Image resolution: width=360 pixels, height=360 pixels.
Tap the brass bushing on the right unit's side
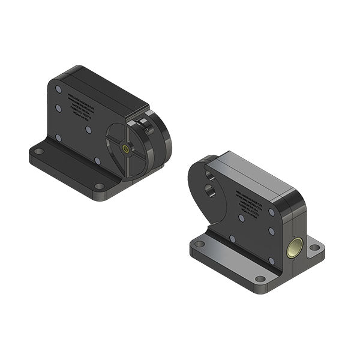(x=295, y=246)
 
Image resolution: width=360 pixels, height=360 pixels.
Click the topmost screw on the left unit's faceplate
(x=58, y=89)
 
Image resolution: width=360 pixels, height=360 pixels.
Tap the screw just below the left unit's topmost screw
(x=58, y=109)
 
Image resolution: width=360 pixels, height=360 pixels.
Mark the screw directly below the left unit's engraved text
(x=88, y=129)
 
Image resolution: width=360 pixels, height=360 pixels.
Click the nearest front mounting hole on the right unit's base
(x=259, y=279)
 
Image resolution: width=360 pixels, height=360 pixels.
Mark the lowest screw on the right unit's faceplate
(x=271, y=261)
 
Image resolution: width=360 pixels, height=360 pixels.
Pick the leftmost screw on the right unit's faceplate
(x=232, y=238)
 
